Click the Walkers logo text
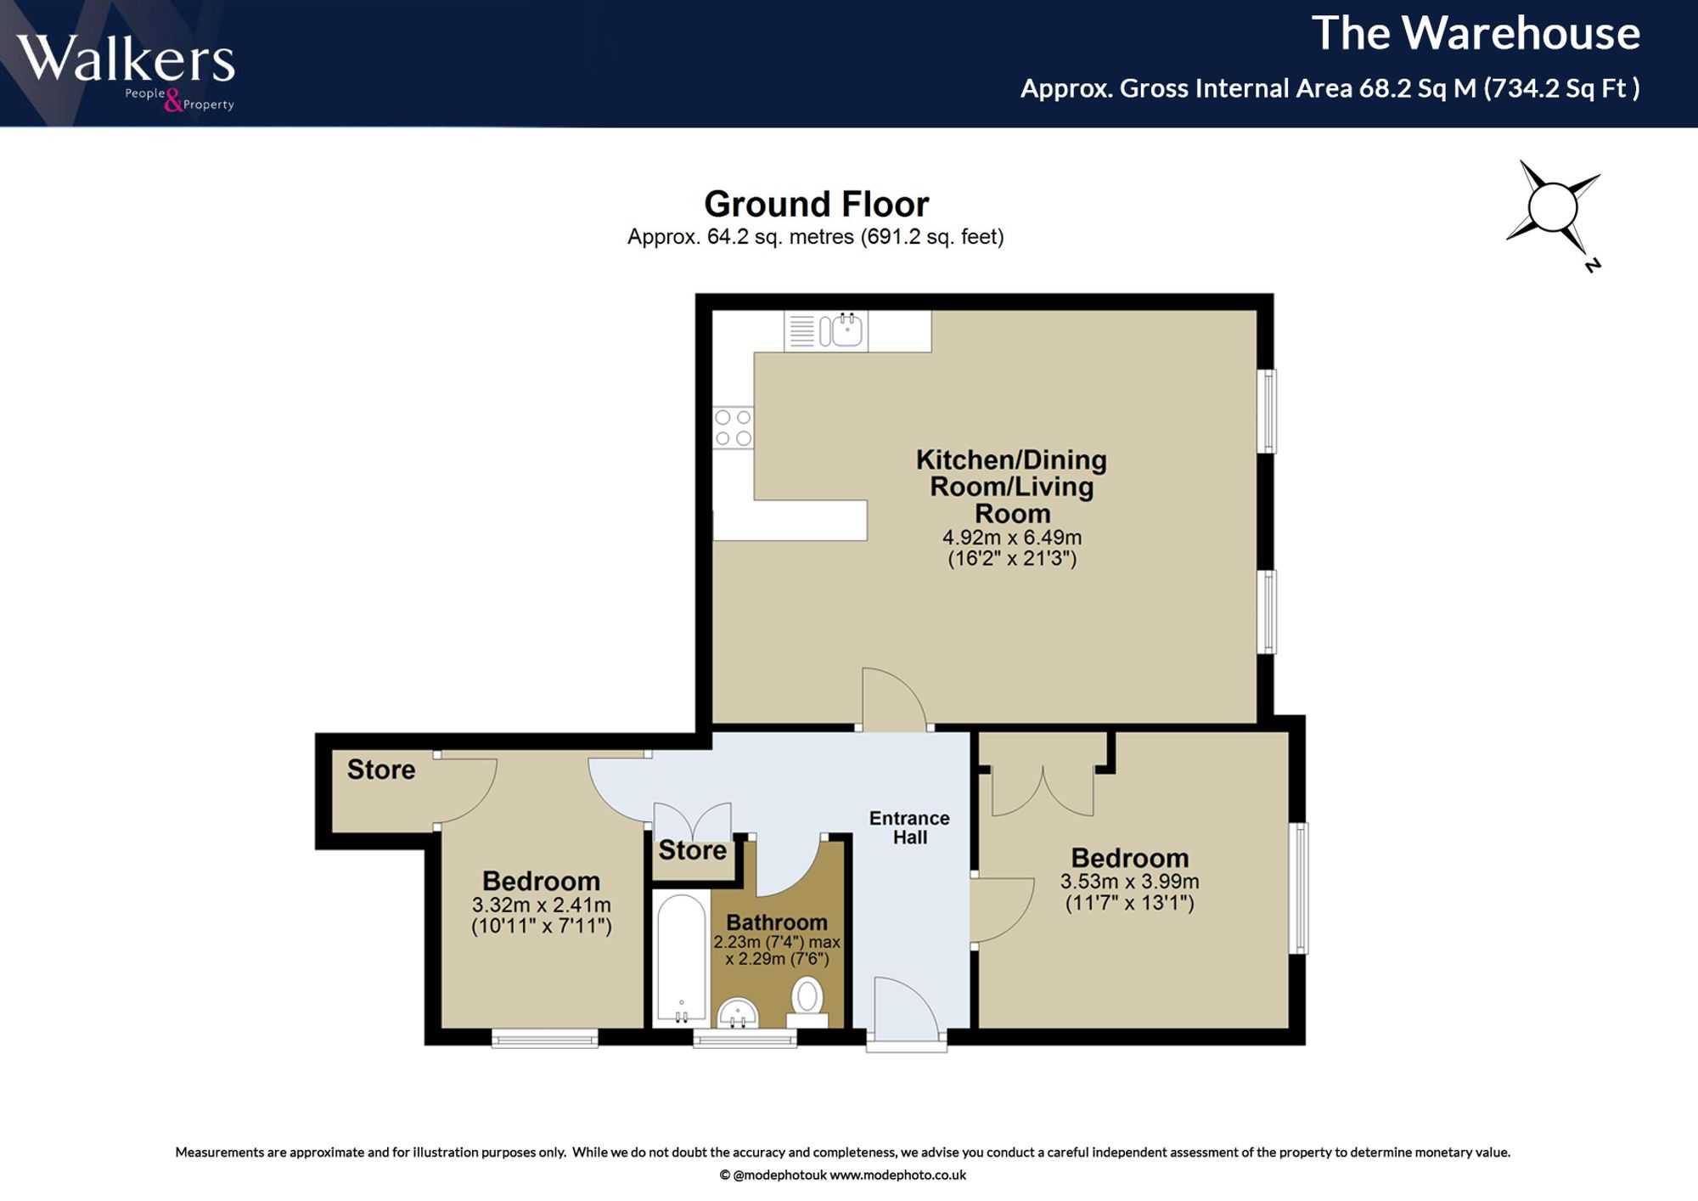click(125, 59)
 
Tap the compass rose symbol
click(1554, 208)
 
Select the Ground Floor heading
click(817, 204)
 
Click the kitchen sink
click(841, 330)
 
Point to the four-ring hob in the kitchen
click(733, 428)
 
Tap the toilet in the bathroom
click(807, 1003)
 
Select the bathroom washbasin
click(738, 1012)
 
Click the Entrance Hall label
click(909, 827)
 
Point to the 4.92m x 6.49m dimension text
click(1012, 538)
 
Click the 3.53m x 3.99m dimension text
click(1129, 882)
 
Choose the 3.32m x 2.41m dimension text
click(542, 905)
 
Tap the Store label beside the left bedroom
click(381, 770)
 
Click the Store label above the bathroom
click(693, 850)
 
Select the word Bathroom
click(777, 922)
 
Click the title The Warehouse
click(1476, 34)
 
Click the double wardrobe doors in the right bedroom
click(1043, 791)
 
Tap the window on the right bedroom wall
click(1299, 888)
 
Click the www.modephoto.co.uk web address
click(897, 1176)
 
